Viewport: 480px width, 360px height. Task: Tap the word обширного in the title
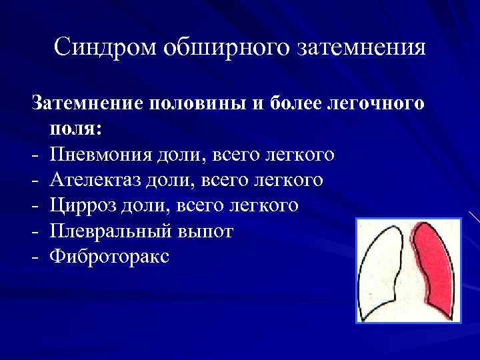[223, 48]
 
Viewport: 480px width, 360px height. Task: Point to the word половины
[194, 104]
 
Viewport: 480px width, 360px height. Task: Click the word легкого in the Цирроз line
[262, 205]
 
